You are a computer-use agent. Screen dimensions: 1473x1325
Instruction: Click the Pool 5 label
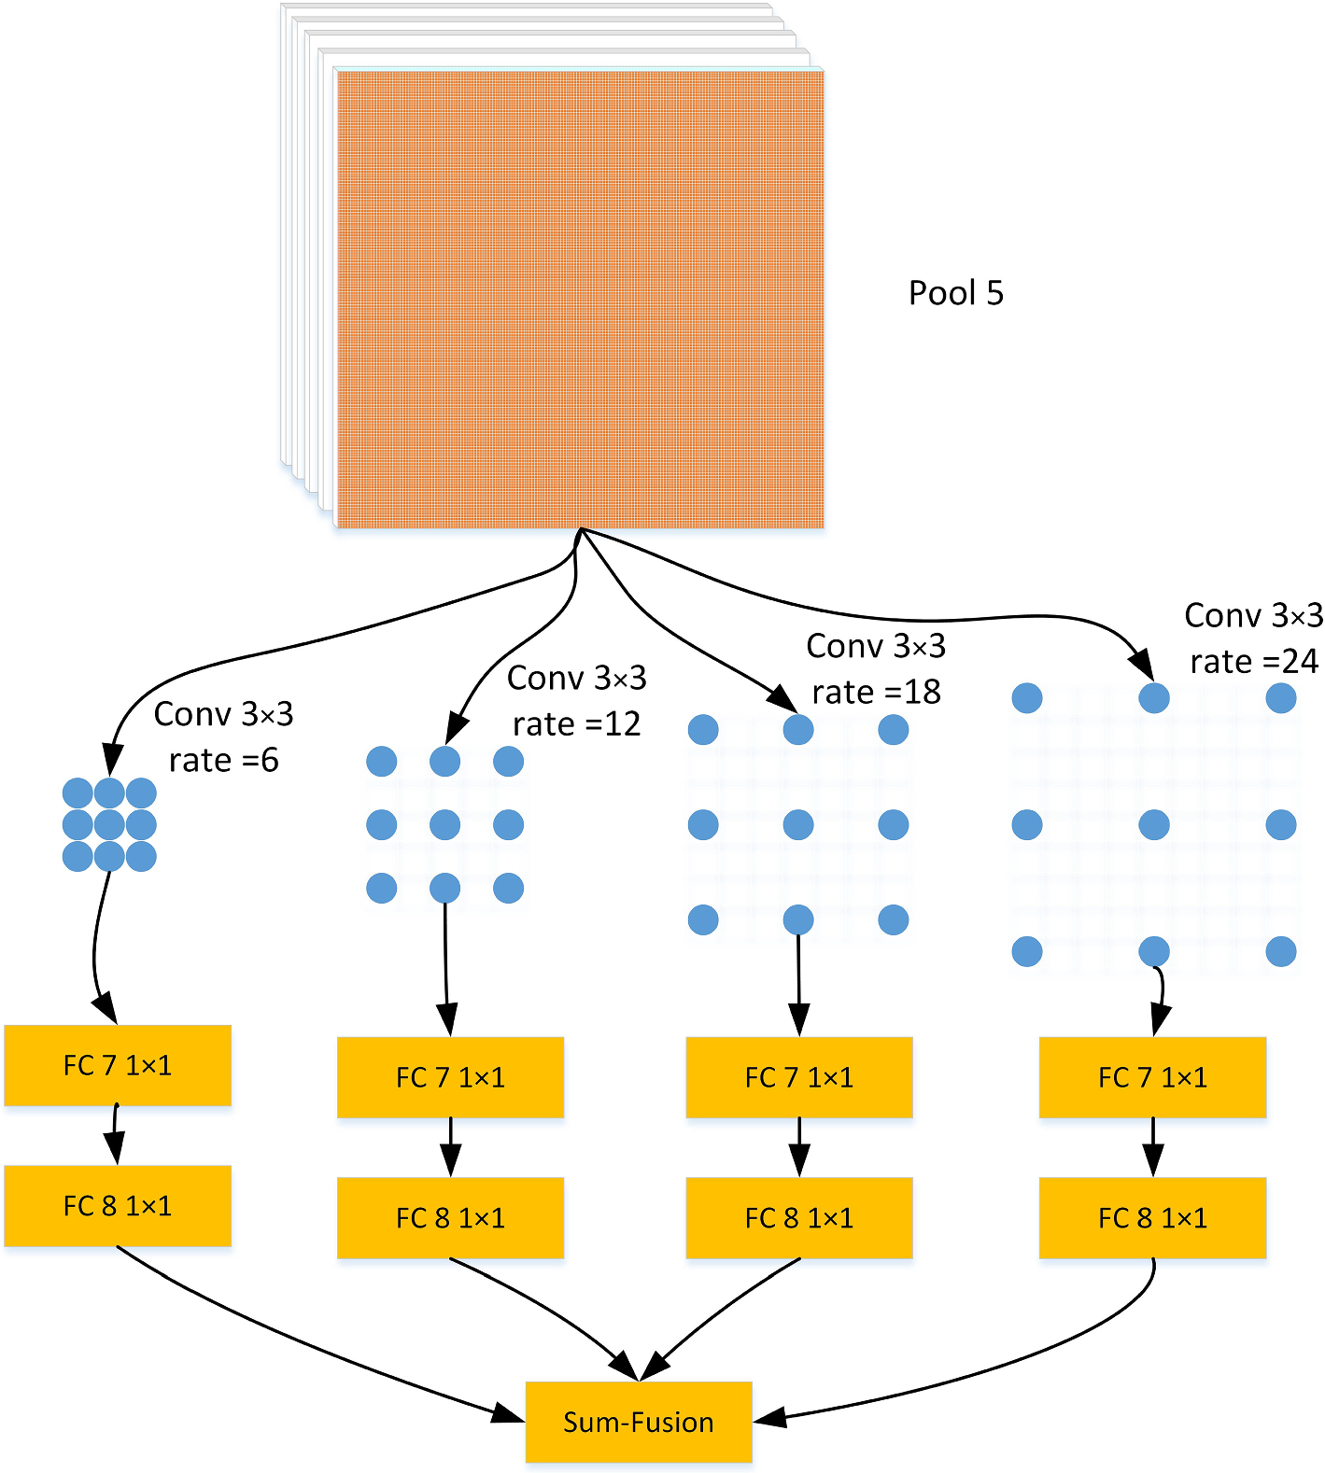pos(955,293)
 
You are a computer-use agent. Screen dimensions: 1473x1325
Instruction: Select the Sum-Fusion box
pos(639,1422)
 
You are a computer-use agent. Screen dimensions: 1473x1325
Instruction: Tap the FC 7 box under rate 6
pos(118,1065)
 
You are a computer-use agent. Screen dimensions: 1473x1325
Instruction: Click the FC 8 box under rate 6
pos(118,1205)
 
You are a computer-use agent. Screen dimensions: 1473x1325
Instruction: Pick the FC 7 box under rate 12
pos(450,1077)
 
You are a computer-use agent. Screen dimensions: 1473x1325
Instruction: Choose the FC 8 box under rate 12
pos(450,1217)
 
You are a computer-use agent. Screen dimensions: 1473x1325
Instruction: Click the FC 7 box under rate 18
pos(799,1077)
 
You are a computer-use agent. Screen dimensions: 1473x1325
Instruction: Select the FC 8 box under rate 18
pos(799,1217)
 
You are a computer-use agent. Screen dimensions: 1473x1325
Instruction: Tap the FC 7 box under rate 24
pos(1152,1077)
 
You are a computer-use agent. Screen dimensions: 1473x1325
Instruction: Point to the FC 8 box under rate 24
pos(1152,1217)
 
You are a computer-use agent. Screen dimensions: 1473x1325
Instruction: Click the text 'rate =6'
pos(224,760)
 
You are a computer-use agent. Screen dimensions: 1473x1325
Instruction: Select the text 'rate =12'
pos(576,723)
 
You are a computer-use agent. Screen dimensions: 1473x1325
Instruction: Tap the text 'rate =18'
pos(876,692)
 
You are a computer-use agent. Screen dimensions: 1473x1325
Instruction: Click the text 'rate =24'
pos(1254,661)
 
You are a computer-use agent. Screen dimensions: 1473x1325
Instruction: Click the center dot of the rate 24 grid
pos(1154,824)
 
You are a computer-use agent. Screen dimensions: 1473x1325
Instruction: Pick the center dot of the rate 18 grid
pos(798,824)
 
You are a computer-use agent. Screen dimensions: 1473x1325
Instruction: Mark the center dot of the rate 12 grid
pos(444,824)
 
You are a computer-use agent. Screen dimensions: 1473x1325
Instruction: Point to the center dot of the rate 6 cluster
pos(109,824)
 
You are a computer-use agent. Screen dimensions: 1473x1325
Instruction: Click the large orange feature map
pos(579,299)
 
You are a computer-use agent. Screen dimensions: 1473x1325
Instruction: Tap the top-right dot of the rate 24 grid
pos(1281,697)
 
